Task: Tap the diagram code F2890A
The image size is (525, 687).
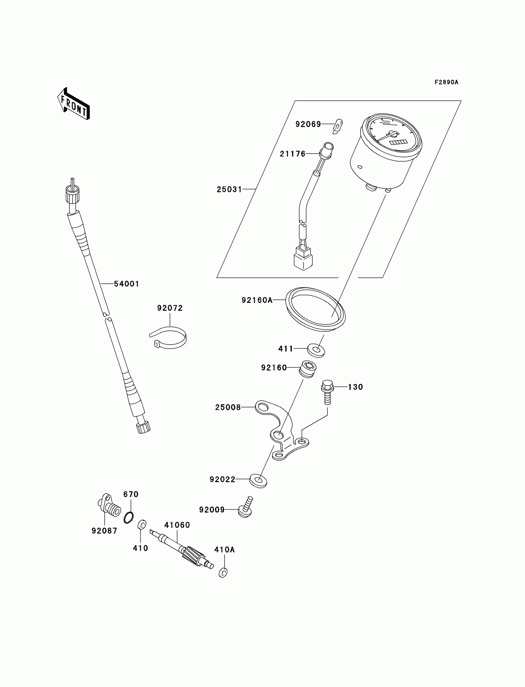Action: (x=446, y=82)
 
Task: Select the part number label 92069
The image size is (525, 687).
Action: (x=308, y=125)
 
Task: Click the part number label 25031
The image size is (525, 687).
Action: (x=229, y=189)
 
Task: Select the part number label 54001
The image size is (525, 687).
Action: (x=126, y=284)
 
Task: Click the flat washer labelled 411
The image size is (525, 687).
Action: (x=316, y=350)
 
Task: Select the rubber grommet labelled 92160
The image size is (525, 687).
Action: (x=307, y=369)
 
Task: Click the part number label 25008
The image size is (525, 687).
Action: (x=228, y=407)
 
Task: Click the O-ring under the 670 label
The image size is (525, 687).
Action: (x=128, y=517)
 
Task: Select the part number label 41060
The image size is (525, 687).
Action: (x=177, y=525)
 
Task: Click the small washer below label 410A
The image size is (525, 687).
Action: (x=223, y=573)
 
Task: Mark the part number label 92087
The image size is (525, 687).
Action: (x=104, y=531)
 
